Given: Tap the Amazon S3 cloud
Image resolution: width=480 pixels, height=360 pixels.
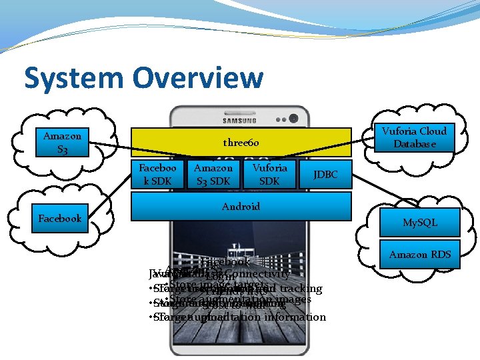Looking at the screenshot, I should click(x=62, y=142).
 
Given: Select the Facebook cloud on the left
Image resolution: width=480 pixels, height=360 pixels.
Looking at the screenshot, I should click(x=60, y=218).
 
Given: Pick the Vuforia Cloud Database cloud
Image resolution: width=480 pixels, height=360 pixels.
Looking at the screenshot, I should click(x=414, y=137).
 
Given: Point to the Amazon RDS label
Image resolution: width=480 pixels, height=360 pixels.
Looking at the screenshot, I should click(x=420, y=254).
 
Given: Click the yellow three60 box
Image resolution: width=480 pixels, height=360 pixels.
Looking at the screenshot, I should click(x=241, y=143).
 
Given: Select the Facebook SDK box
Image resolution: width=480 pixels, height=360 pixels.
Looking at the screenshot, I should click(x=157, y=174).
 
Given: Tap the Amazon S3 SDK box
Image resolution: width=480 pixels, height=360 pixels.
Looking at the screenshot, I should click(x=213, y=174).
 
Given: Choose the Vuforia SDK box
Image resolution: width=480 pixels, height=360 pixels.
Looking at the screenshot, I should click(x=269, y=174).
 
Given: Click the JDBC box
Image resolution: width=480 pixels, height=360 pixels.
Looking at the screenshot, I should click(x=325, y=175).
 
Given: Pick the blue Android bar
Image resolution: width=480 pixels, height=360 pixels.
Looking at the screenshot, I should click(x=241, y=206).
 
